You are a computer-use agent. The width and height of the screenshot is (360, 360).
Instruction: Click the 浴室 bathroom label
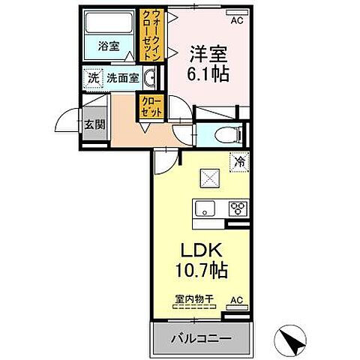(x=109, y=45)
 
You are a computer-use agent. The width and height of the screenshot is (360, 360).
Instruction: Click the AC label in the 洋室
(x=236, y=20)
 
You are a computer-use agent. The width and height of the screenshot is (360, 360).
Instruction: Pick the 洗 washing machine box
(x=93, y=76)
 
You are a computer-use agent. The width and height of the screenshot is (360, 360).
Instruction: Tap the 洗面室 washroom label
(x=121, y=76)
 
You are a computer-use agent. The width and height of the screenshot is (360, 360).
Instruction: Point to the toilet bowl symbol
(x=227, y=136)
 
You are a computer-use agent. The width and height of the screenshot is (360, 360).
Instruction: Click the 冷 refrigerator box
(x=239, y=160)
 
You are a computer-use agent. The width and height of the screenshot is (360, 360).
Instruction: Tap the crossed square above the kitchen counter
(x=208, y=178)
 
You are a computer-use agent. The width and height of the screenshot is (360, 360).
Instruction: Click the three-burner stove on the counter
(x=238, y=209)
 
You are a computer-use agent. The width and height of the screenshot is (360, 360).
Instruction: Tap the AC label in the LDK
(x=237, y=300)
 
